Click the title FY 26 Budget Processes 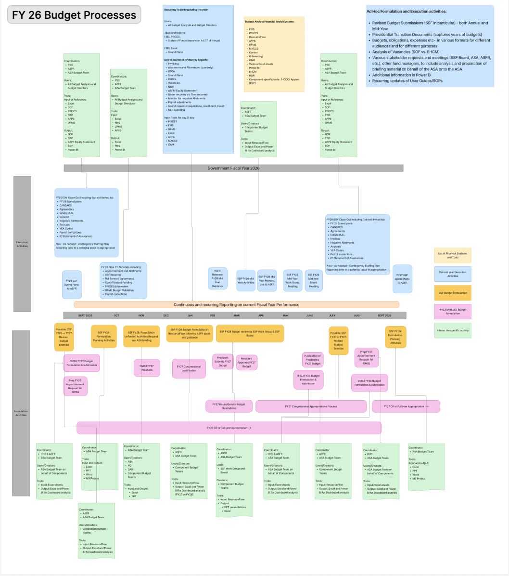(x=74, y=15)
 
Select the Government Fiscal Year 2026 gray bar (x=233, y=168)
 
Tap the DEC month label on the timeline (x=166, y=315)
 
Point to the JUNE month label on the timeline (x=309, y=315)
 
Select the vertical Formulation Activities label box (x=21, y=413)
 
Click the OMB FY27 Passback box (x=147, y=368)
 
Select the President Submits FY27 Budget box (x=223, y=362)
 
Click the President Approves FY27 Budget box (x=246, y=363)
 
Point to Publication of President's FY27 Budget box (x=312, y=360)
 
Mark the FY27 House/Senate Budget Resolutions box (x=229, y=406)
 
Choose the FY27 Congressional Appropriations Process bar (x=311, y=406)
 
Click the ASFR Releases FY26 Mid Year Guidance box (x=217, y=278)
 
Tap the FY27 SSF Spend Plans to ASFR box (x=402, y=278)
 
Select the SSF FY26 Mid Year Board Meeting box (x=314, y=280)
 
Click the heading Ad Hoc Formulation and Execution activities (x=406, y=11)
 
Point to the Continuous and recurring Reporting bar (x=236, y=304)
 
